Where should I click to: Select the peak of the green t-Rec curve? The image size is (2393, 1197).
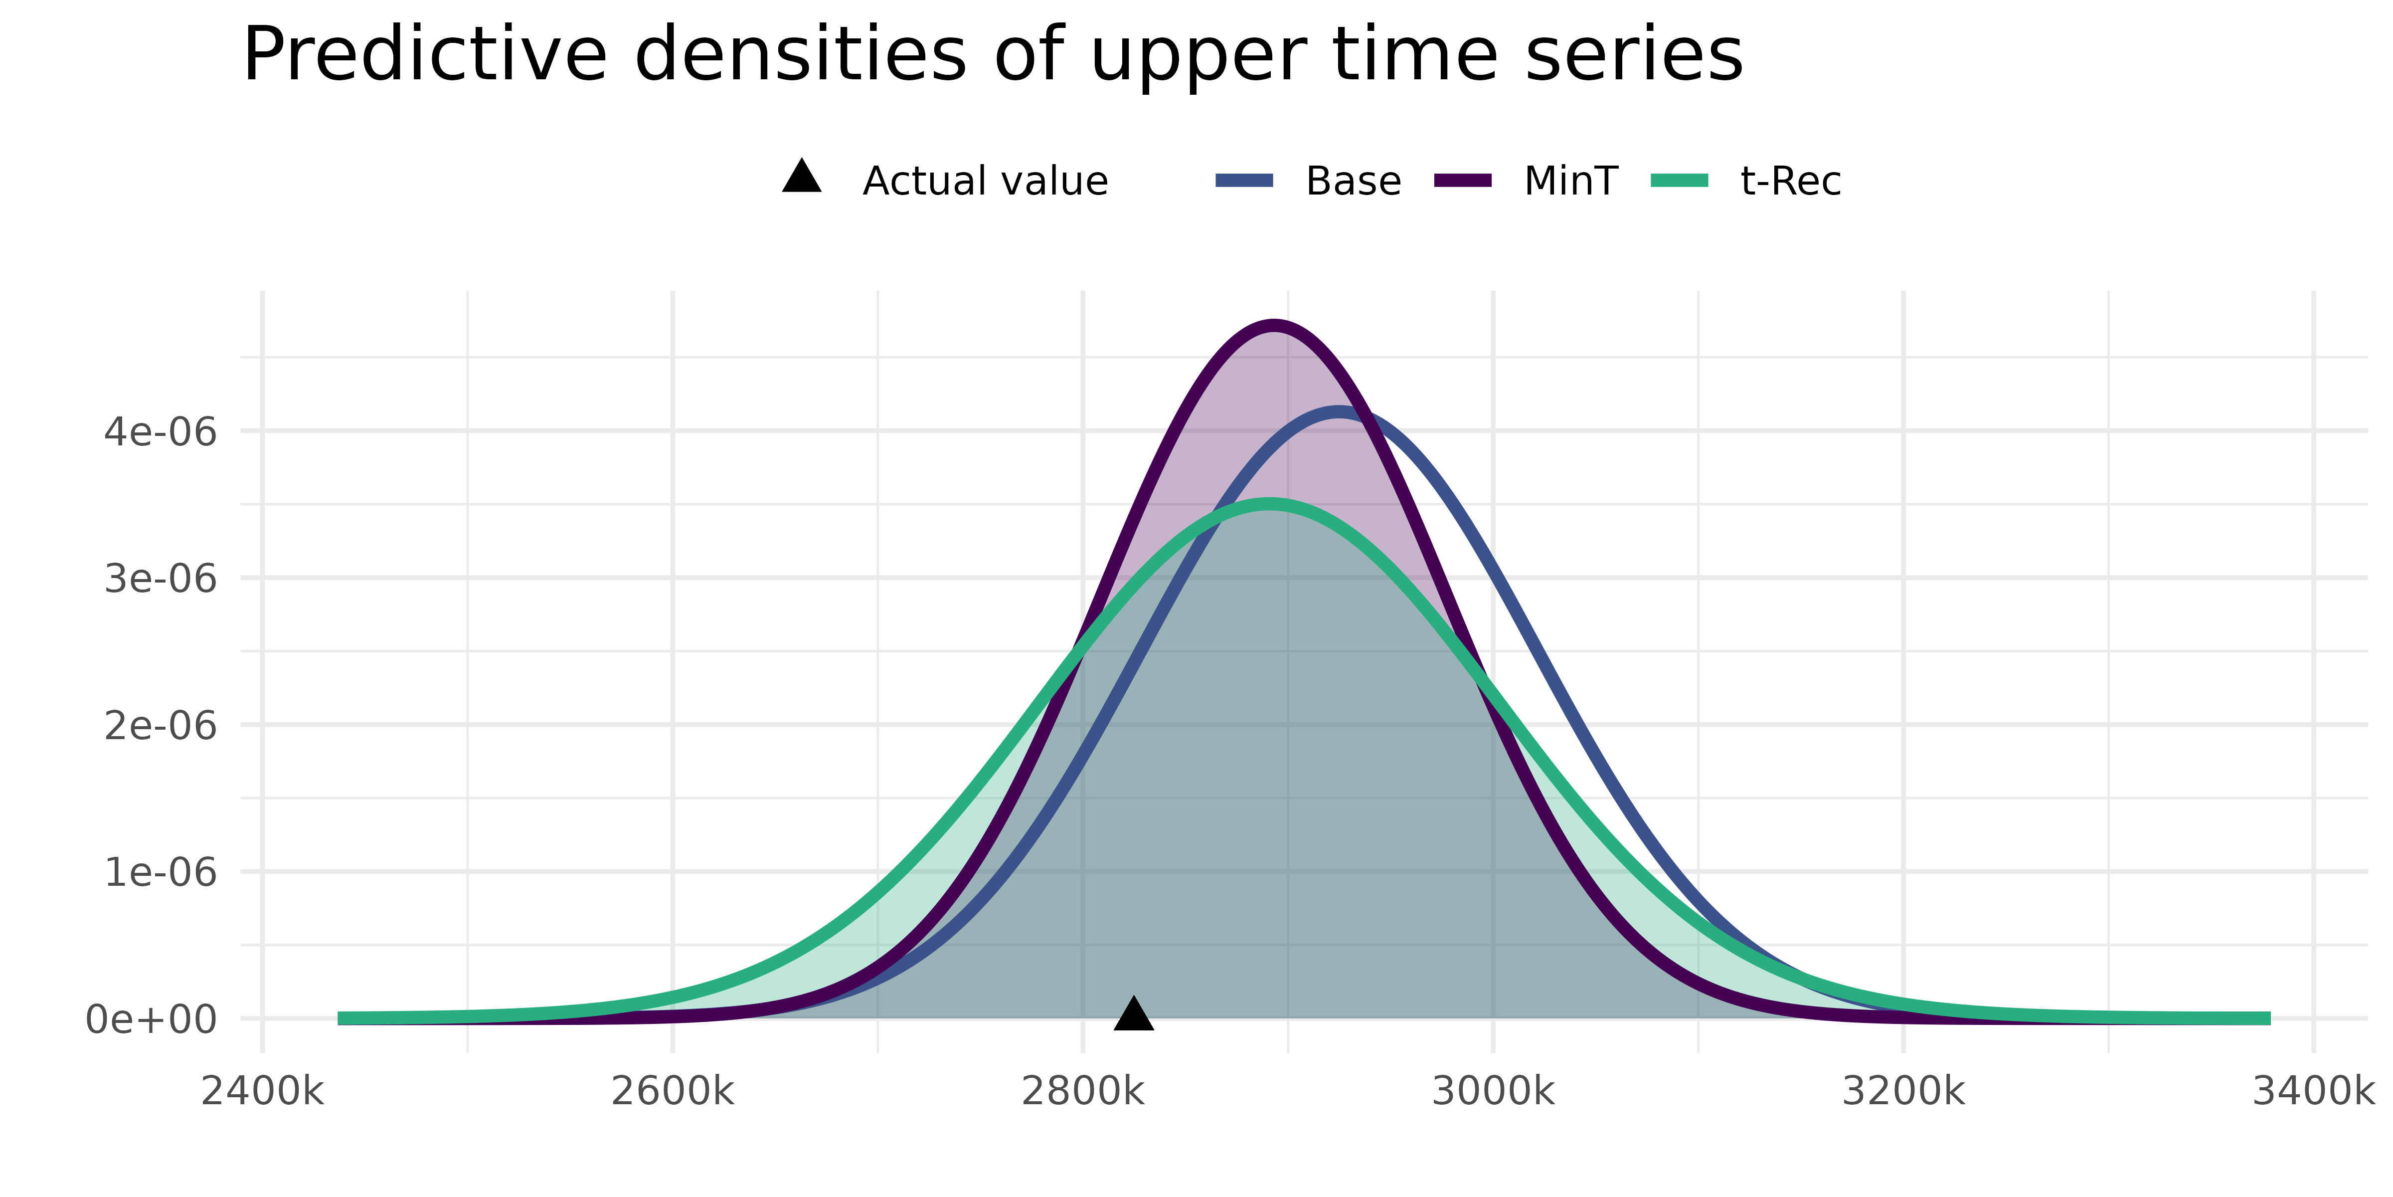point(1270,504)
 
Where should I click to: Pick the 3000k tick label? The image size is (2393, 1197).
point(1493,1091)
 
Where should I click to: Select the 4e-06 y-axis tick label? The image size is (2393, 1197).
point(160,432)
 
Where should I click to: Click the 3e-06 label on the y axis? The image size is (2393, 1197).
point(160,579)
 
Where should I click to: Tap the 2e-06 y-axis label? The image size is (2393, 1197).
point(160,726)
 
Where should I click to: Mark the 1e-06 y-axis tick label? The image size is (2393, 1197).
point(160,873)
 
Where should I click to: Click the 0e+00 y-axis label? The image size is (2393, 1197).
point(151,1019)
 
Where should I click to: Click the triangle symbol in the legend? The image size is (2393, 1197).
point(802,177)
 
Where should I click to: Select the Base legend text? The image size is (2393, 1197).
point(1353,181)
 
